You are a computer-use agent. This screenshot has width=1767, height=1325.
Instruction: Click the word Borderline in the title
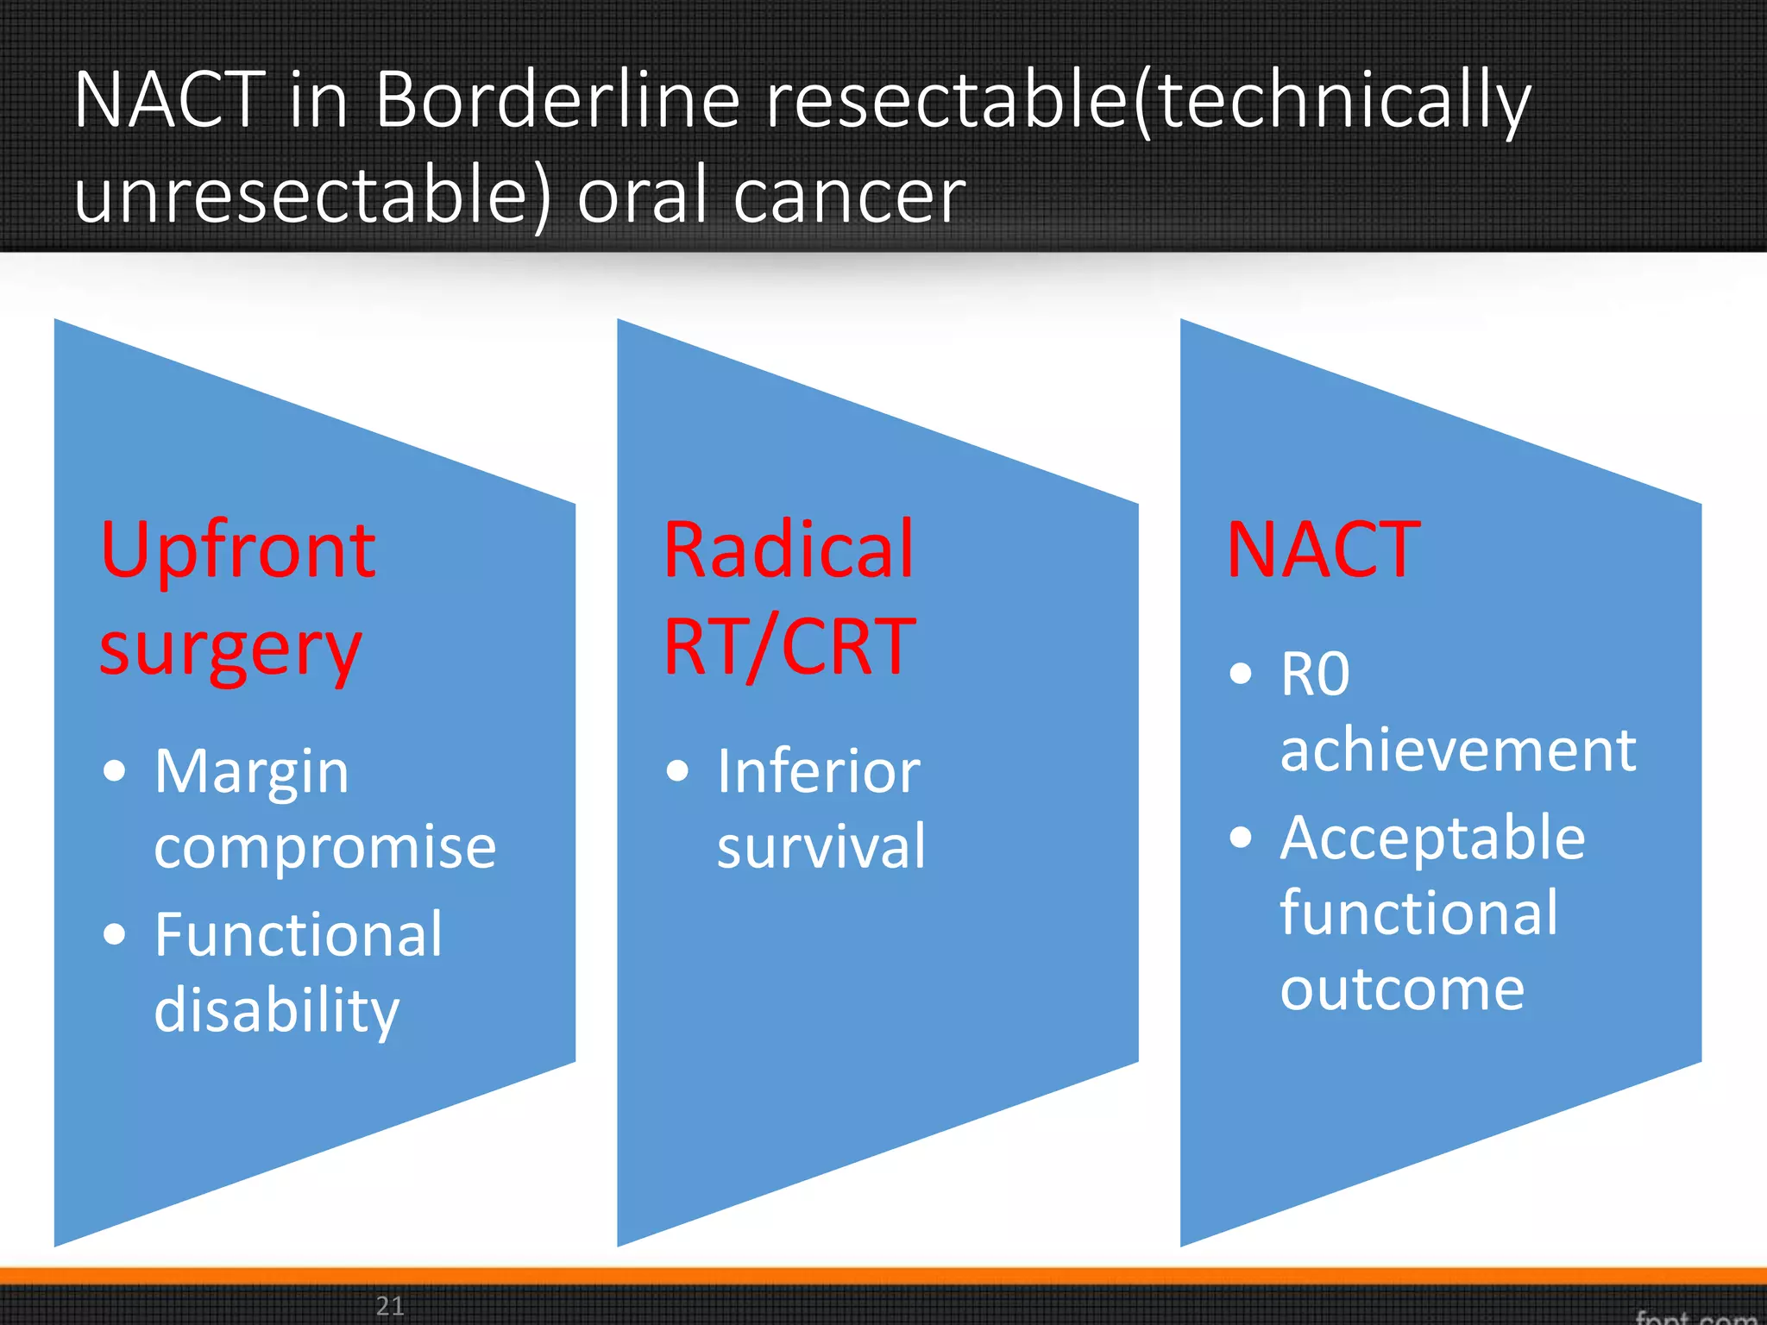(557, 101)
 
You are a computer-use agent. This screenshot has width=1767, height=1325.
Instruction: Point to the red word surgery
(230, 649)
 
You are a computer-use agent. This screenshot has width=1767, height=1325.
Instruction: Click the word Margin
(252, 771)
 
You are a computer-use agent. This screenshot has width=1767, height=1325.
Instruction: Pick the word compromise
(325, 847)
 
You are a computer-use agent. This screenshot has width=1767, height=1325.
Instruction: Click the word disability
(276, 1009)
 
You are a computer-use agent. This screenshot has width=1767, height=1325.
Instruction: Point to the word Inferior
(819, 771)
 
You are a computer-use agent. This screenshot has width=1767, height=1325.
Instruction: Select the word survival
(821, 847)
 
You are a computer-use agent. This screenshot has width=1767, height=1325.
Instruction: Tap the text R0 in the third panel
(1315, 674)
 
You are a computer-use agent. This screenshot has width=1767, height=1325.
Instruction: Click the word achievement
(1458, 750)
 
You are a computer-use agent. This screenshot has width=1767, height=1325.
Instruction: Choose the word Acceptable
(1432, 838)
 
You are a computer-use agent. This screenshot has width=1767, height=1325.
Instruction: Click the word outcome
(1402, 989)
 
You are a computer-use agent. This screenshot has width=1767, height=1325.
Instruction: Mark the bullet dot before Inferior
(678, 770)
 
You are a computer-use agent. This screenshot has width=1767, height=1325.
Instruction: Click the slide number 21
(390, 1306)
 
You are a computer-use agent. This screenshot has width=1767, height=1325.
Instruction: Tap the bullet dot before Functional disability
(114, 934)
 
